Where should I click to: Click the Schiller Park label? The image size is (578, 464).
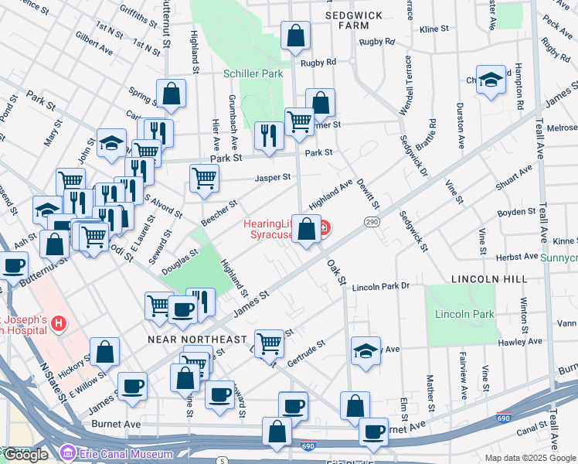[253, 74]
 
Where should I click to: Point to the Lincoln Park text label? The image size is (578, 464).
[464, 315]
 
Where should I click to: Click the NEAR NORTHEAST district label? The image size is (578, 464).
[197, 339]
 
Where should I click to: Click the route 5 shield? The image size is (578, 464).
[223, 461]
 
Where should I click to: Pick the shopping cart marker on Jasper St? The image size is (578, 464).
[204, 177]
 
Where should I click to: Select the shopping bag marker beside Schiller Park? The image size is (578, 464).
[294, 35]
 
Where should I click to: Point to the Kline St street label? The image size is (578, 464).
[433, 29]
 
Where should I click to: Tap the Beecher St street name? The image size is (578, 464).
[219, 212]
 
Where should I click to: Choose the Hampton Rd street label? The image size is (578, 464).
[519, 85]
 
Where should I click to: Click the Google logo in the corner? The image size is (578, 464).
[26, 455]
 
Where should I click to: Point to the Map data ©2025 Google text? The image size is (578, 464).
[530, 458]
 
